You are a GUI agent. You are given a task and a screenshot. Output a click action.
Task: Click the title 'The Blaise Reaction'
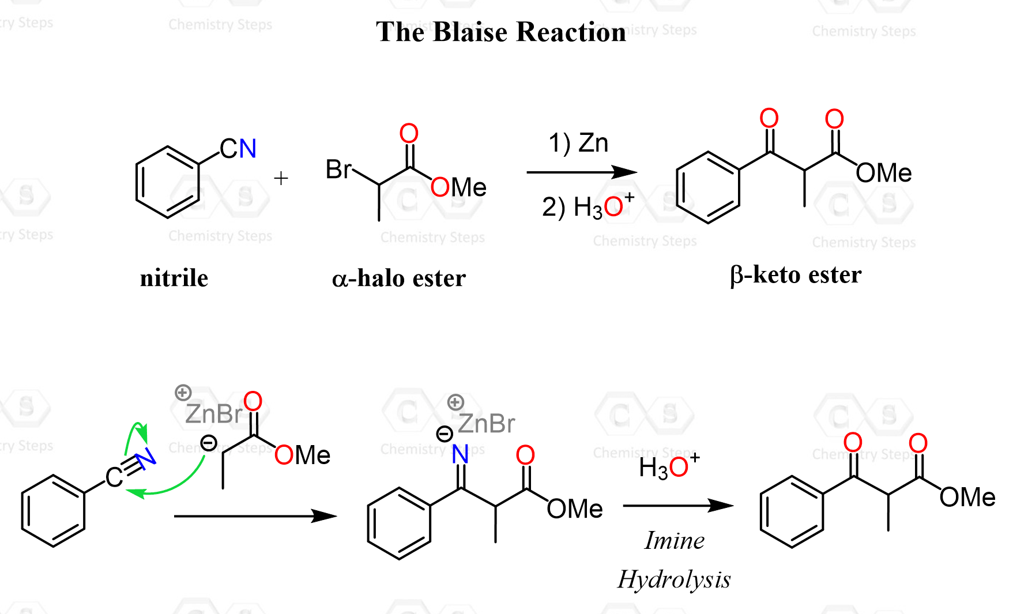500,32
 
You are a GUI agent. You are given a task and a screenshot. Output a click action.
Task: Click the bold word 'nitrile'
174,278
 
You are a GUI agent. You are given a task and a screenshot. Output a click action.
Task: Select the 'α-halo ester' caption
399,278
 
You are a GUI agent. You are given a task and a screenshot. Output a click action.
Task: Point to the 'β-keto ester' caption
796,275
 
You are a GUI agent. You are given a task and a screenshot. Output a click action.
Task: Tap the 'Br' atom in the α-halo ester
338,169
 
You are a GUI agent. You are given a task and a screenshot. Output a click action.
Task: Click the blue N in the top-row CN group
248,149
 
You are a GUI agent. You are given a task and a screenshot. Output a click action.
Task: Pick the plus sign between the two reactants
281,178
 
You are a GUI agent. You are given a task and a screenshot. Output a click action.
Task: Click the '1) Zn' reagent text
578,143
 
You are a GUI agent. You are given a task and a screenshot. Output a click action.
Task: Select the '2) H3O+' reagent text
587,206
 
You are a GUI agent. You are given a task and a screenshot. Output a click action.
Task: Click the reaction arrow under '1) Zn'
581,172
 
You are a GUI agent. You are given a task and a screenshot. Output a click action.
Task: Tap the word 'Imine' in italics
674,541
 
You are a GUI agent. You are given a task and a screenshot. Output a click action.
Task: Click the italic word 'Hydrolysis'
674,579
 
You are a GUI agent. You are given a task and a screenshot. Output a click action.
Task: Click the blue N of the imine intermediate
460,455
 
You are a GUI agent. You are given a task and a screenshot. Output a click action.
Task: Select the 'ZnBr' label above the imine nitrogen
486,424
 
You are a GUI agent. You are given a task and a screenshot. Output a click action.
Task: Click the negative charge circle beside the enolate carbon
209,443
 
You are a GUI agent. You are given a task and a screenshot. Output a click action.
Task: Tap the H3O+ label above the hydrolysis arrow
669,466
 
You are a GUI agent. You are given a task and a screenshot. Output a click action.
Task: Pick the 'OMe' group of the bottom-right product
967,498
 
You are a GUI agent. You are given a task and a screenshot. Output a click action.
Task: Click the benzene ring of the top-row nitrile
167,182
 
